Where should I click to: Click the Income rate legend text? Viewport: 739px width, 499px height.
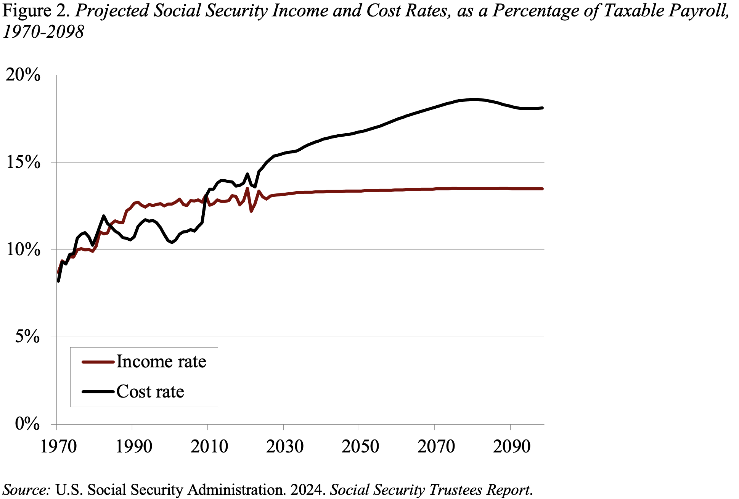[x=161, y=362]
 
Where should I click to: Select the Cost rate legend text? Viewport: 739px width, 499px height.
[x=150, y=392]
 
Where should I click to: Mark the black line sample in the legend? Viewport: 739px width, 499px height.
[x=98, y=392]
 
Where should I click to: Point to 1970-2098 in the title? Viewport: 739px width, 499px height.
[x=43, y=32]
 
